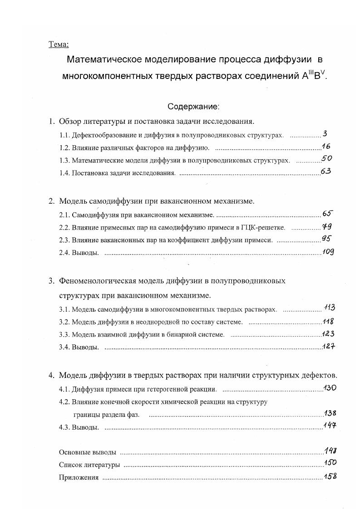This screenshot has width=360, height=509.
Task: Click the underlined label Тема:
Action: (58, 44)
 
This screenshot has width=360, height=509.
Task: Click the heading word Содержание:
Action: (193, 107)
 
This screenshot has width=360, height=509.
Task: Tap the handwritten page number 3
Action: (325, 134)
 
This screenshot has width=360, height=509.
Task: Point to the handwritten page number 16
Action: (325, 146)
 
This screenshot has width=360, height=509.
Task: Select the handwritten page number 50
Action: (327, 159)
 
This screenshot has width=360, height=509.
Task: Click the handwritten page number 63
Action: (325, 171)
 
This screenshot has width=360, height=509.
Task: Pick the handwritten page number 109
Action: (328, 252)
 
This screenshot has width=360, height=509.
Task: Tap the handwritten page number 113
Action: (330, 308)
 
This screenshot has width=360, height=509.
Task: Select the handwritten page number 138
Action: (330, 413)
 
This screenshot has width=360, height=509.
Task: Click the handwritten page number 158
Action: (330, 476)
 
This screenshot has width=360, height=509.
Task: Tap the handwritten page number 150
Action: (330, 463)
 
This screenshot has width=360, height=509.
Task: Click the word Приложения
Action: (79, 478)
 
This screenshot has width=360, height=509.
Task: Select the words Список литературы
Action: (89, 465)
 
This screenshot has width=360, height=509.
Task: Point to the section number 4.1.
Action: (65, 389)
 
